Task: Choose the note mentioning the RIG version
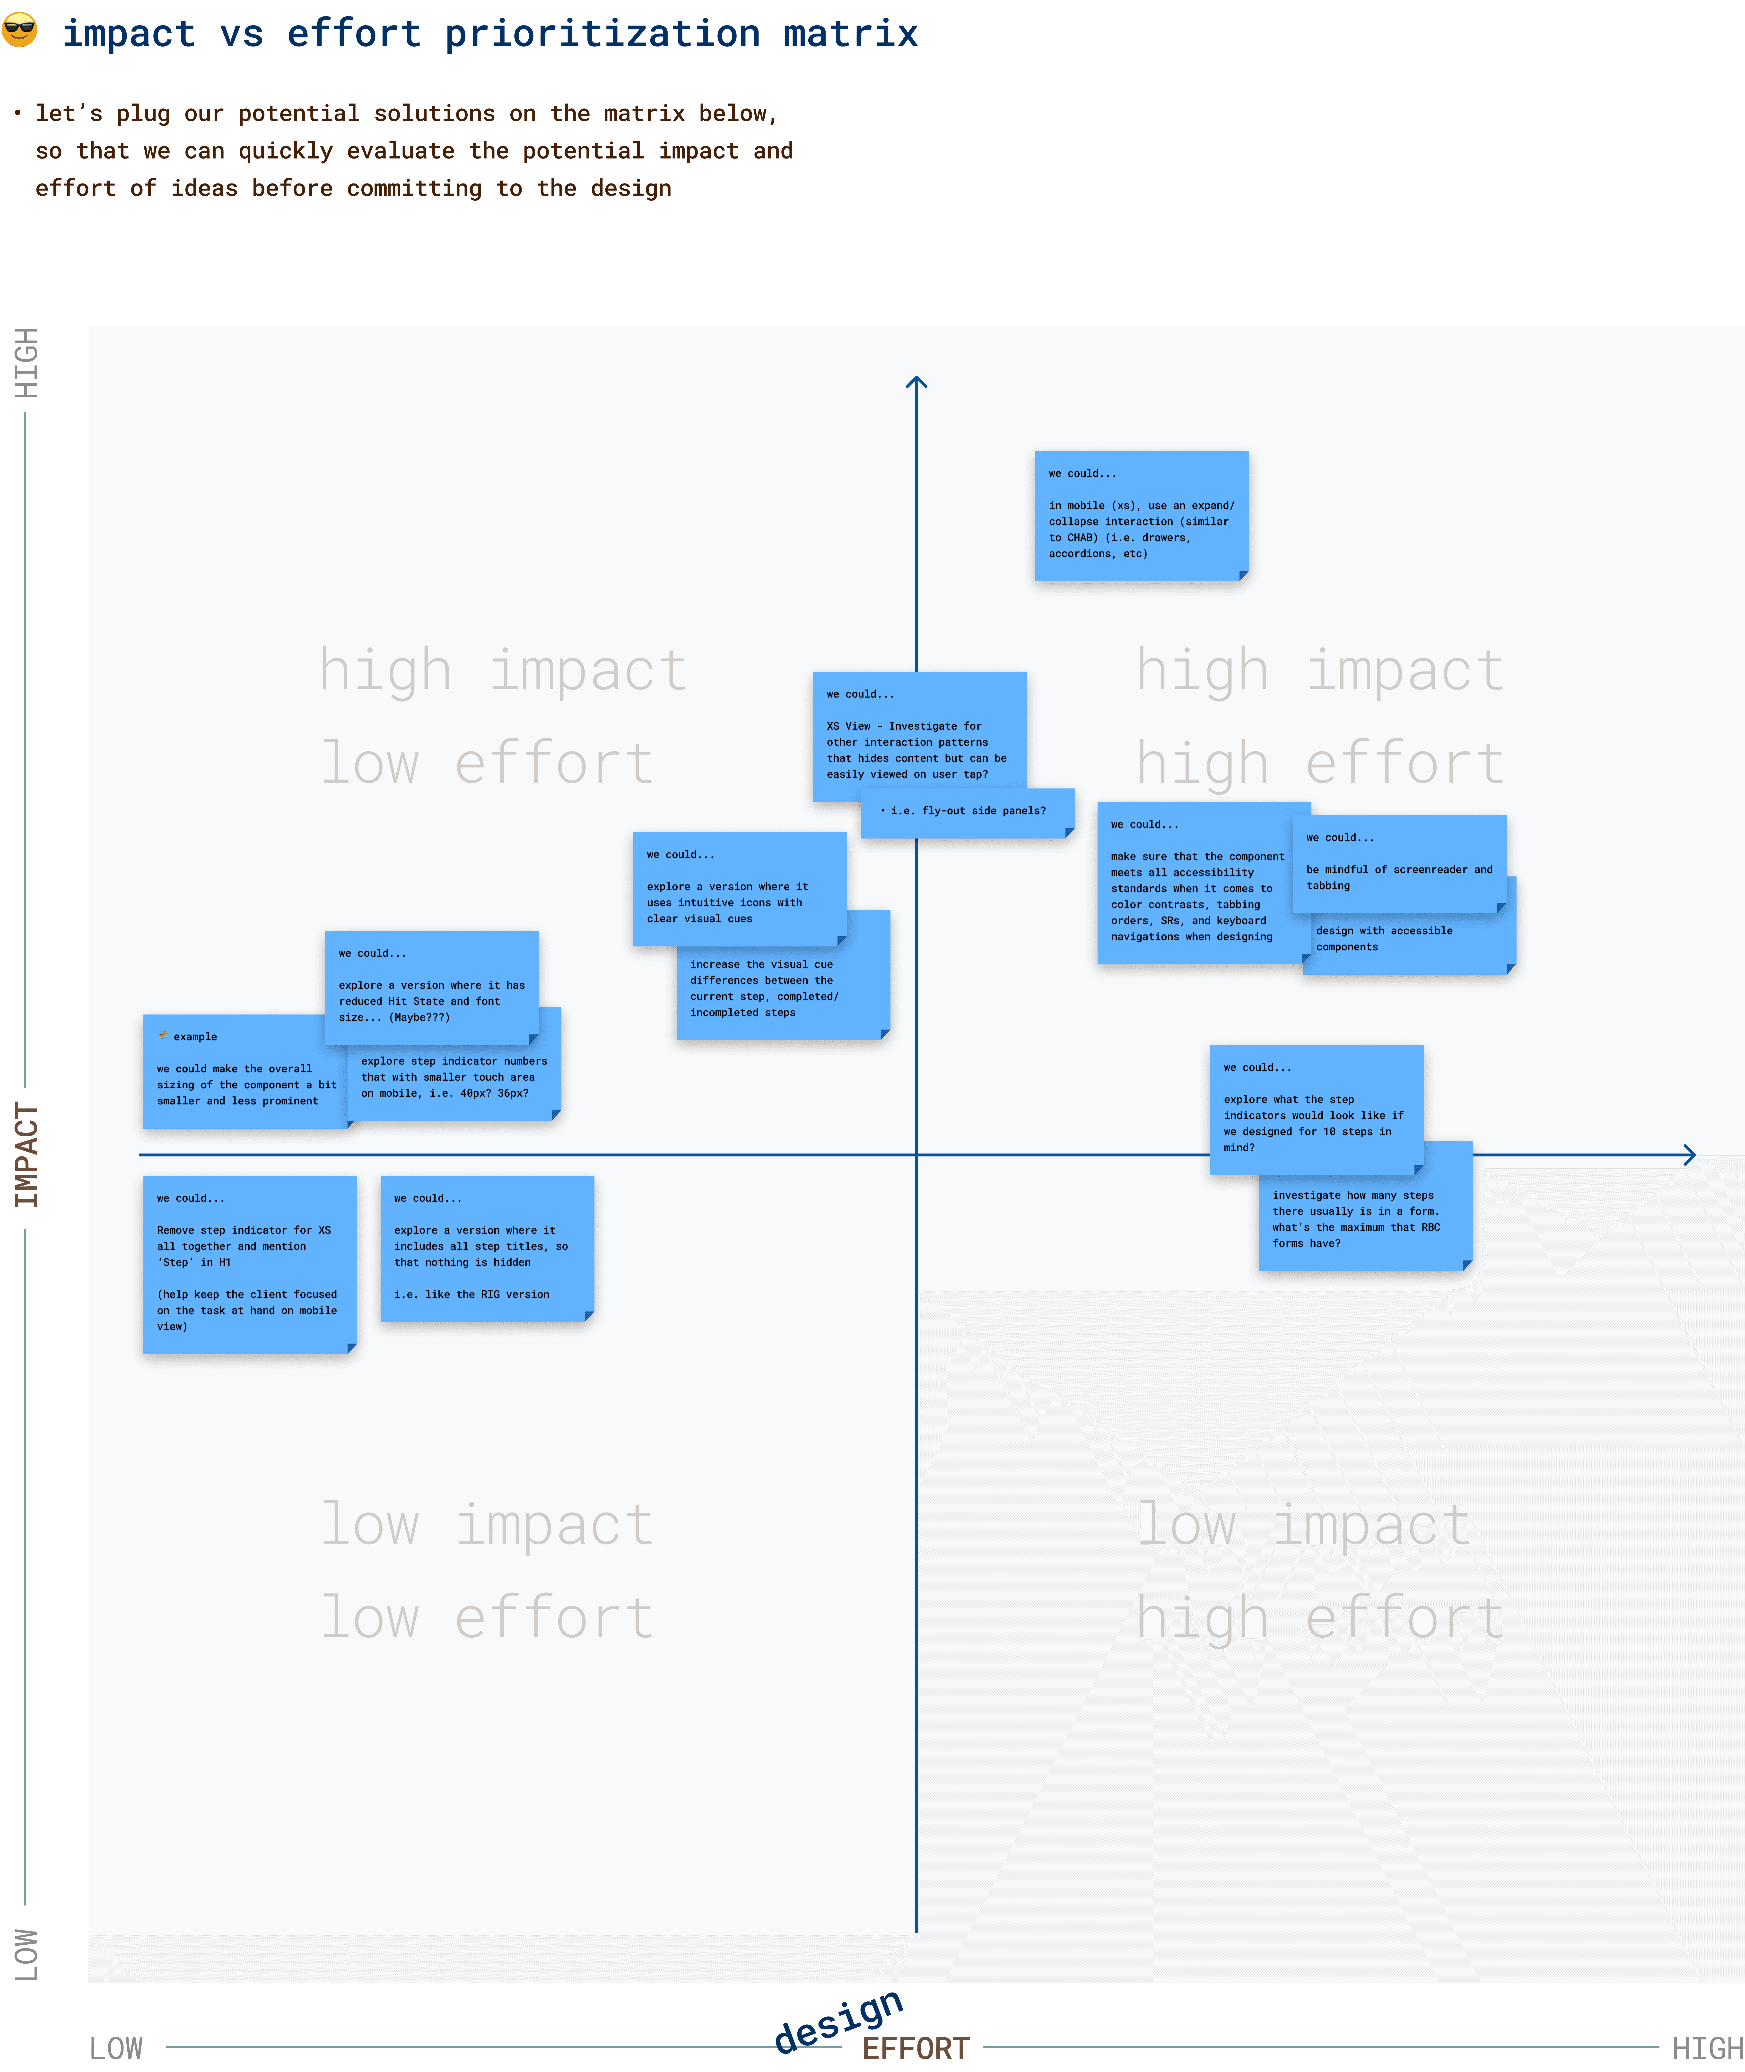(x=487, y=1248)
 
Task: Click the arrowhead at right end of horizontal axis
(x=1689, y=1154)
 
